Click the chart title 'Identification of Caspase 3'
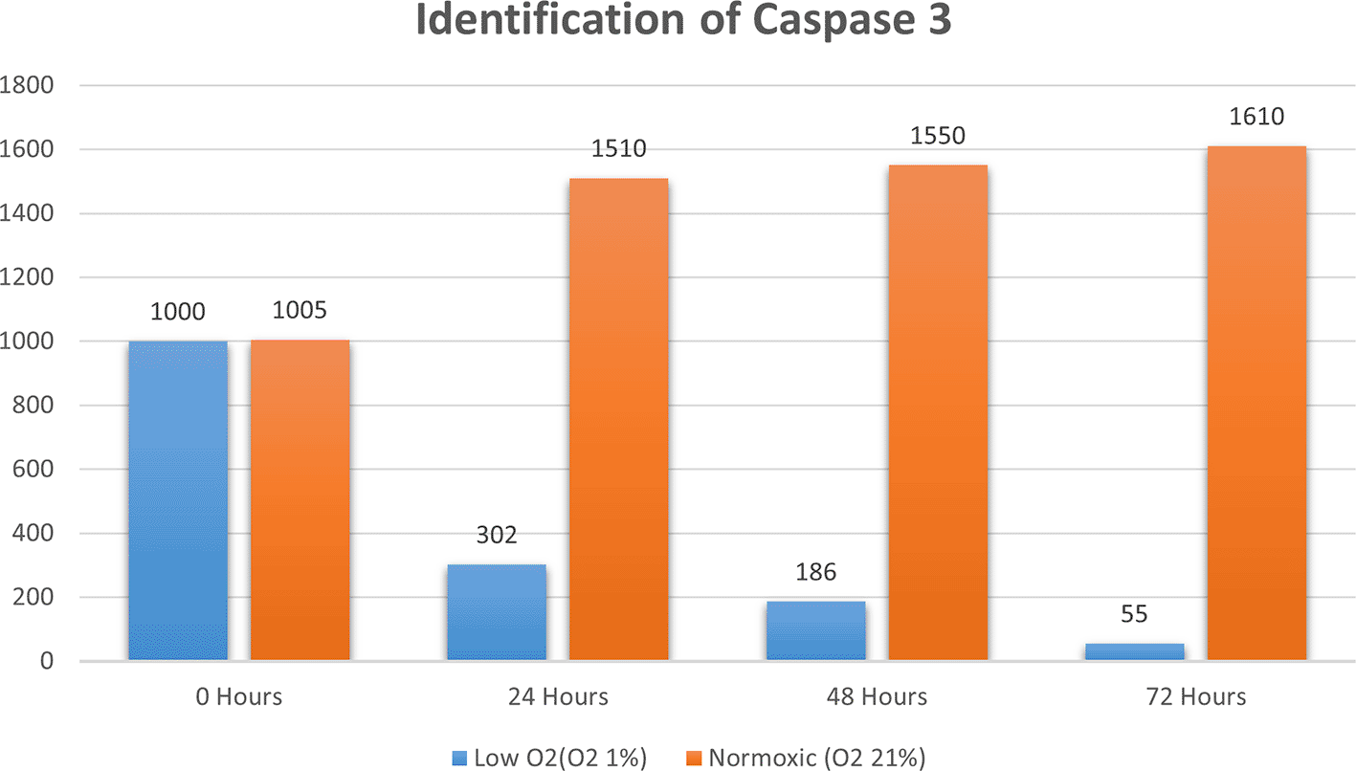coord(684,21)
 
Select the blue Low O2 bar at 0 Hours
coord(178,500)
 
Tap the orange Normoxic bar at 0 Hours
coord(300,500)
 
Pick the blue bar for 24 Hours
coord(497,612)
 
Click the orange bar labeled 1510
coord(618,419)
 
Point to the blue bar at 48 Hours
coord(815,630)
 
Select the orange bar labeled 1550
coord(937,412)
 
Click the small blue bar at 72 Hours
coord(1134,651)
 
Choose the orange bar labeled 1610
coord(1256,403)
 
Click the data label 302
coord(497,535)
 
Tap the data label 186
coord(815,572)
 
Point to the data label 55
coord(1134,614)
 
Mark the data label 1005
coord(300,312)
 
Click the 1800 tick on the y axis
coord(27,86)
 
